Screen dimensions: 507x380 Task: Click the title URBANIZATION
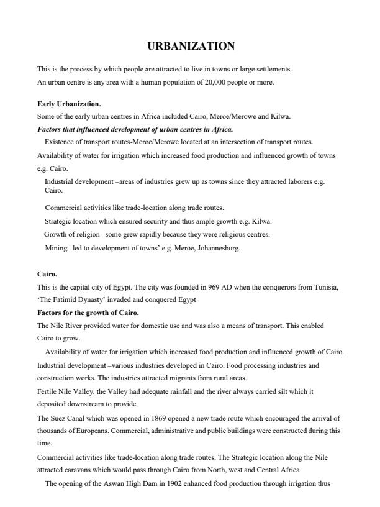coord(191,46)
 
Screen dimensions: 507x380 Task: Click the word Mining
coord(56,248)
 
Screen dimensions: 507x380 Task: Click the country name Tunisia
coord(325,286)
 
